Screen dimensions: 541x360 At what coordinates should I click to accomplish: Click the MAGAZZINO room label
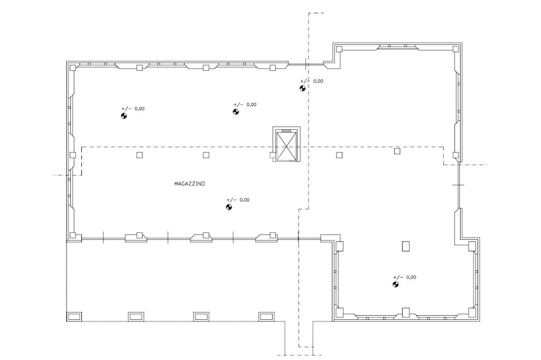pyautogui.click(x=189, y=184)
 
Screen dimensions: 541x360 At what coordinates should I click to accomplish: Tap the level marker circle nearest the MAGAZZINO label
pyautogui.click(x=229, y=207)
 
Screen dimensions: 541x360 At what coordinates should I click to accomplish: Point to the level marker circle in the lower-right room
pyautogui.click(x=395, y=285)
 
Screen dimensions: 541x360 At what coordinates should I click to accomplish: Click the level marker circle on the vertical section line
pyautogui.click(x=302, y=88)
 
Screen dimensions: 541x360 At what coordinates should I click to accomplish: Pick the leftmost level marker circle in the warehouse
pyautogui.click(x=124, y=116)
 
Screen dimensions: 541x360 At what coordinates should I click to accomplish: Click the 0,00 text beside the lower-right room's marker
pyautogui.click(x=411, y=277)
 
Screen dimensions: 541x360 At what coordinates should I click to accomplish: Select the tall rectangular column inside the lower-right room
pyautogui.click(x=406, y=246)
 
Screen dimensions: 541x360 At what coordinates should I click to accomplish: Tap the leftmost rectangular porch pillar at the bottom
pyautogui.click(x=74, y=316)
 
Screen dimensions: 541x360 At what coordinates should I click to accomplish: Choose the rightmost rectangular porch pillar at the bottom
pyautogui.click(x=266, y=316)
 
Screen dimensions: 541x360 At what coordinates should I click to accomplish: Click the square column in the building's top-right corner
pyautogui.click(x=456, y=49)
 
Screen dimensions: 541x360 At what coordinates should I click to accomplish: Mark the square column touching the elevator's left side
pyautogui.click(x=273, y=155)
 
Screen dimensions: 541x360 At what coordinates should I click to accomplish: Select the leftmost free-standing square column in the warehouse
pyautogui.click(x=139, y=155)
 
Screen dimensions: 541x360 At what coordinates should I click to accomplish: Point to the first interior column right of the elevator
pyautogui.click(x=339, y=155)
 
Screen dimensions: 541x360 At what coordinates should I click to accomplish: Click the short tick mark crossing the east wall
pyautogui.click(x=458, y=185)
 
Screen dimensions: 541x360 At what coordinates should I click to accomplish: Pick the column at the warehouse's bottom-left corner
pyautogui.click(x=73, y=235)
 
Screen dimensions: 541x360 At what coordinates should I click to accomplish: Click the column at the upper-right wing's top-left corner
pyautogui.click(x=339, y=49)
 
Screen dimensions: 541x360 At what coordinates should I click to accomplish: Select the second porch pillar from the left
pyautogui.click(x=136, y=316)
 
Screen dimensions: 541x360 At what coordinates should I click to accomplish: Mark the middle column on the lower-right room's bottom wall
pyautogui.click(x=406, y=312)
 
